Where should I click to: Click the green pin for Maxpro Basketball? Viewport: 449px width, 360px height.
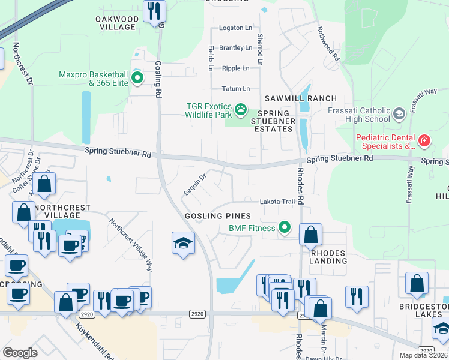click(137, 78)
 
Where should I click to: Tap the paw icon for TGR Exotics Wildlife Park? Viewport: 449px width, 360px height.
click(241, 110)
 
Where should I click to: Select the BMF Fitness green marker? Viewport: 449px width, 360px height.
click(285, 227)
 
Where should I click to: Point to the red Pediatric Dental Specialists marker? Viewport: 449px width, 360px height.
click(424, 141)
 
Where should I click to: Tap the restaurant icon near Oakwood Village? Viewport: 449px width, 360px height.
click(154, 10)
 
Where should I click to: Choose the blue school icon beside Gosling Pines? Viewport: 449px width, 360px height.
click(183, 243)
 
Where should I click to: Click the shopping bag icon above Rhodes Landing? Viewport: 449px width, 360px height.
click(310, 235)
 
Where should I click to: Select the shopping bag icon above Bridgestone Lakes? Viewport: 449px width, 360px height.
click(416, 284)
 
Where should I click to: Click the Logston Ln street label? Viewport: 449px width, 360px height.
click(235, 28)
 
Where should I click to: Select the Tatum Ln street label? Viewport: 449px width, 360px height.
click(235, 88)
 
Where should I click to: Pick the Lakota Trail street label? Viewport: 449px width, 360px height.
click(277, 202)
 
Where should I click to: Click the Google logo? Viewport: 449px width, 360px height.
click(20, 353)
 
